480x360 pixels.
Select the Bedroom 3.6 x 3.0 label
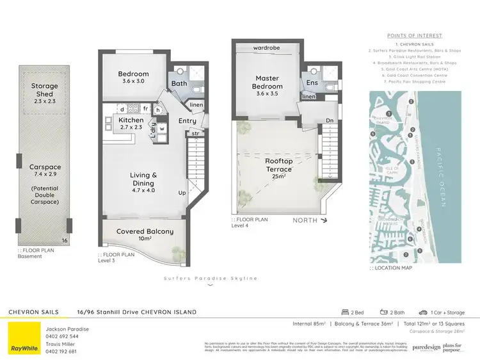coord(133,78)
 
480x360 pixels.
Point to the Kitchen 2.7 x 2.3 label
coord(131,124)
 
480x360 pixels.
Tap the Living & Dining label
coord(143,179)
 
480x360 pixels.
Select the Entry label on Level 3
coord(188,120)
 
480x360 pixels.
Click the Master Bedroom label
coord(266,82)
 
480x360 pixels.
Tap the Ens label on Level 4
coord(312,83)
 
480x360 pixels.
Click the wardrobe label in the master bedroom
coord(267,48)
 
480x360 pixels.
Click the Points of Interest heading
coord(415,36)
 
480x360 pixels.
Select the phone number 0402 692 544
coord(62,336)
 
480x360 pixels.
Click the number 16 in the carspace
coord(65,240)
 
